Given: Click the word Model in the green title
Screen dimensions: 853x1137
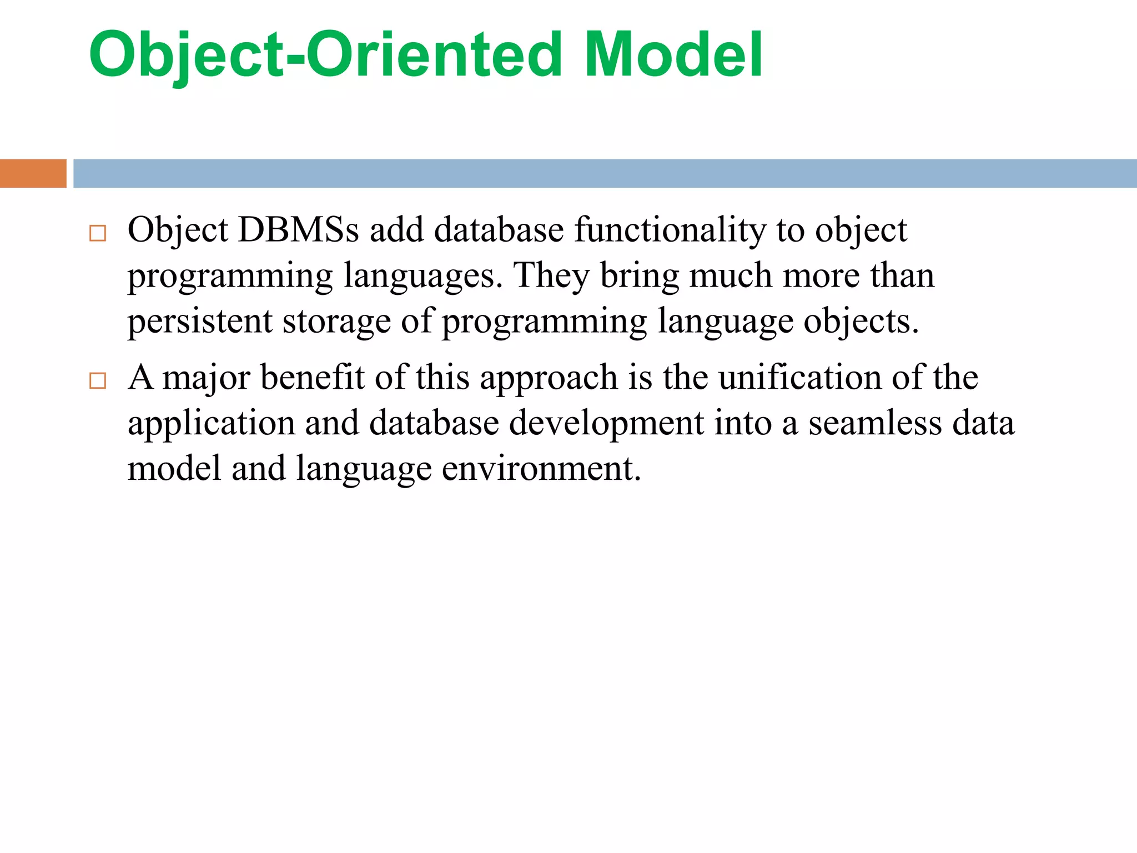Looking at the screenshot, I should [x=673, y=54].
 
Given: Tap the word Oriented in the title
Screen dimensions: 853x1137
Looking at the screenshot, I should [x=435, y=54].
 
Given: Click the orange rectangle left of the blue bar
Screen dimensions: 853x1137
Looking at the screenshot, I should [x=33, y=173].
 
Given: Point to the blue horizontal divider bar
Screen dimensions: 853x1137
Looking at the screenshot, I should [x=605, y=173].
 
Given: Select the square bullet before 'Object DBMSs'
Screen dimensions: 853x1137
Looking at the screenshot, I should [x=98, y=233].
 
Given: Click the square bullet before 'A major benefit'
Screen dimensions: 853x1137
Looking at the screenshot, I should [x=98, y=381].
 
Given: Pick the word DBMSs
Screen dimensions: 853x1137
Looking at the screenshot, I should [x=298, y=230].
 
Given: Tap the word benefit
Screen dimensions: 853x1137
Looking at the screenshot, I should [x=312, y=378].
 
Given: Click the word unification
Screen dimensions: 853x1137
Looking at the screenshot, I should [x=799, y=378].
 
